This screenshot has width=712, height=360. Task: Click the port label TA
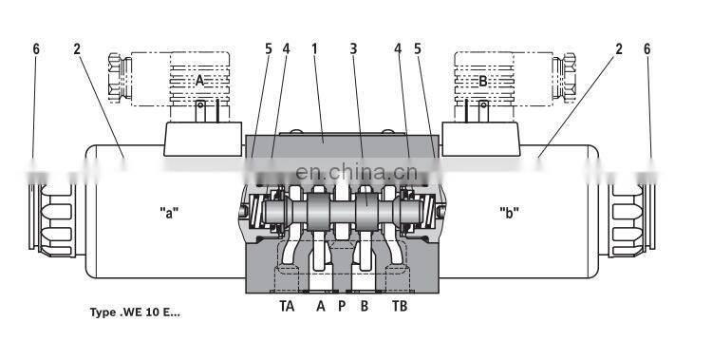click(287, 307)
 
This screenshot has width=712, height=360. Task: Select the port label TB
click(400, 307)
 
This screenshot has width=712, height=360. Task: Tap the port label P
click(342, 307)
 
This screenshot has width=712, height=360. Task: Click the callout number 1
click(314, 48)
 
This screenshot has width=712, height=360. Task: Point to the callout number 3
click(353, 48)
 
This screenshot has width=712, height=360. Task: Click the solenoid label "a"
click(169, 213)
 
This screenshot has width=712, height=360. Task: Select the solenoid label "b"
click(510, 213)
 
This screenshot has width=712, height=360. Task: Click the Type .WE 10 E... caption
click(135, 313)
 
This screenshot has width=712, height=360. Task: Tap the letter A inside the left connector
click(199, 81)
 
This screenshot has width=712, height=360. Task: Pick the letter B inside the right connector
click(483, 82)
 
